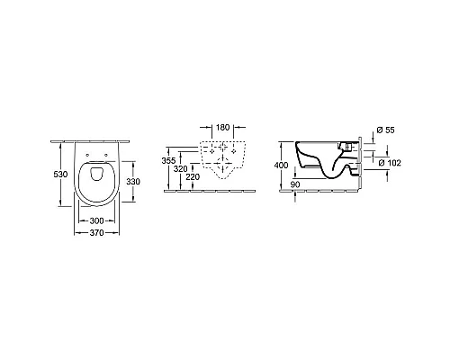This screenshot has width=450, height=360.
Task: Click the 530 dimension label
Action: click(x=60, y=174)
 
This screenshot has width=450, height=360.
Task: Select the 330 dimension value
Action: click(x=133, y=182)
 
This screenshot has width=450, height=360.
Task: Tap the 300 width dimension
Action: click(x=96, y=221)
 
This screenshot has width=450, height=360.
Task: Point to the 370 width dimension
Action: click(x=96, y=233)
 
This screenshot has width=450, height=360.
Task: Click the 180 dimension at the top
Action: click(x=222, y=127)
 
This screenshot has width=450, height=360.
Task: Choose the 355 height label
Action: click(x=168, y=161)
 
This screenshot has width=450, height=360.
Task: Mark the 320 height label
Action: click(x=181, y=169)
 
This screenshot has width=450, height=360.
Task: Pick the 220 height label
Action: click(x=193, y=177)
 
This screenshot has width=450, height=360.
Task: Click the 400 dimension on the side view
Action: click(x=282, y=166)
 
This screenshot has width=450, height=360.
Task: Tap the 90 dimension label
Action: click(x=295, y=184)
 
